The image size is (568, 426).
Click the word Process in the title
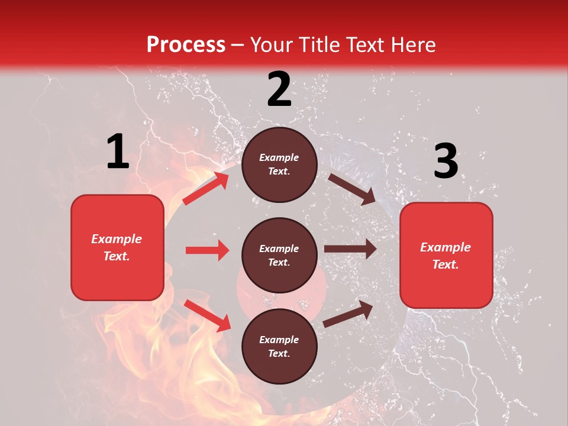click(186, 45)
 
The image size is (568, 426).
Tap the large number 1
click(118, 152)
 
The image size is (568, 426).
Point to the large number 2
click(279, 89)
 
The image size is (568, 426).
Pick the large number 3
click(446, 162)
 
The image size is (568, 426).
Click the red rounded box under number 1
click(117, 247)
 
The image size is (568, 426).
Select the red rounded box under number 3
click(446, 255)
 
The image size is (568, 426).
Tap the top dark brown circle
click(279, 164)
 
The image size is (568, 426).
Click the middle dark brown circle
click(279, 255)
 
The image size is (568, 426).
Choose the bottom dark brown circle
click(279, 346)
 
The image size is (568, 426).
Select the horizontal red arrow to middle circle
click(207, 250)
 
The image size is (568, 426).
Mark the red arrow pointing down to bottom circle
click(207, 315)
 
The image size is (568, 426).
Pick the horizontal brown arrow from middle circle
click(350, 249)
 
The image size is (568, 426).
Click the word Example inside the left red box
click(117, 239)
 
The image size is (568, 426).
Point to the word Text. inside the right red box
click(446, 264)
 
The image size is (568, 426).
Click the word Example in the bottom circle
click(279, 340)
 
